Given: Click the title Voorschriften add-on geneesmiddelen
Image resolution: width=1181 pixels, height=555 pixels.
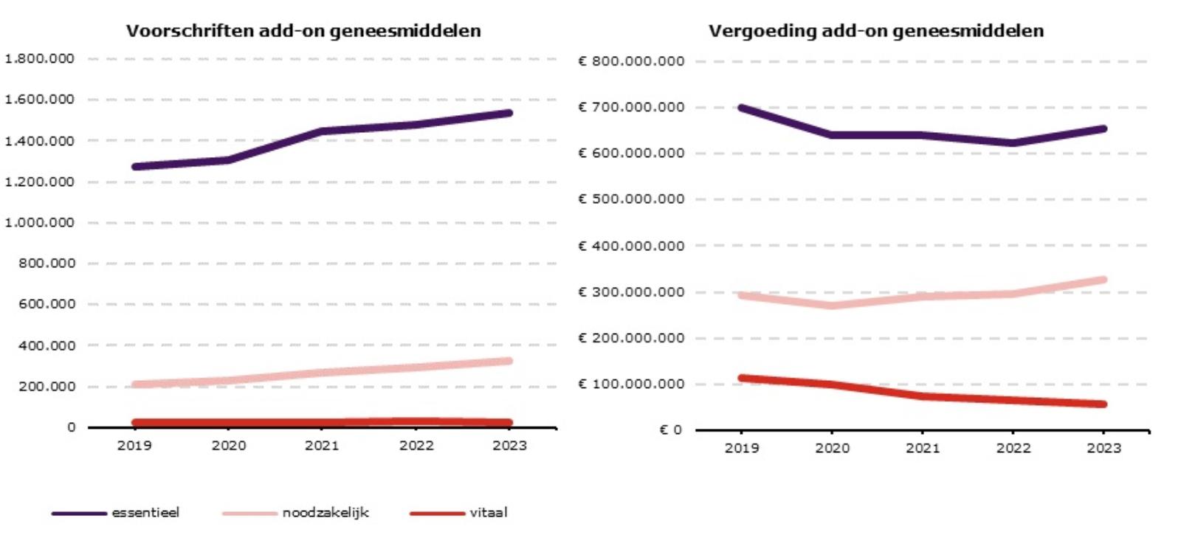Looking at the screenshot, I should [303, 31].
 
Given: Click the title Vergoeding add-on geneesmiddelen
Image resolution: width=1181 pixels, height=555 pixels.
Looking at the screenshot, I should [876, 31].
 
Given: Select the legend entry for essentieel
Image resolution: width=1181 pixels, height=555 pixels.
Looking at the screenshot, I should [145, 513].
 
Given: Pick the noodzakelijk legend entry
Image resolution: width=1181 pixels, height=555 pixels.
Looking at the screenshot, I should [326, 513].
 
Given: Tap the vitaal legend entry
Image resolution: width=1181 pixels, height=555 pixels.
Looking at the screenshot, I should [489, 513].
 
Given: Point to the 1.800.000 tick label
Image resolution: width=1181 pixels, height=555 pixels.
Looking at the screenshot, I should [39, 58].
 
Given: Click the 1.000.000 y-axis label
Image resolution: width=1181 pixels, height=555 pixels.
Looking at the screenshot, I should [39, 222].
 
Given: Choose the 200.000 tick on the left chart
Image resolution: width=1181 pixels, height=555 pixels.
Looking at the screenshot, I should [47, 386].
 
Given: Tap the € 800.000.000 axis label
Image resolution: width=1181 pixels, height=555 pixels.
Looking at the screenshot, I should [632, 61].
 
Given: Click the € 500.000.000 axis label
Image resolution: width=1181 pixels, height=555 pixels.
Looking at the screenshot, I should [632, 199].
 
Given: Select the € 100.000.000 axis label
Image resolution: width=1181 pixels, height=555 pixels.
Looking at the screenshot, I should [632, 384].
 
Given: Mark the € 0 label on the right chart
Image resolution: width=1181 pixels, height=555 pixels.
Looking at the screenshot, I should [671, 430].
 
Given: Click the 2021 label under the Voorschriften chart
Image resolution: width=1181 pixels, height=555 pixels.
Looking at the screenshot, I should [323, 446].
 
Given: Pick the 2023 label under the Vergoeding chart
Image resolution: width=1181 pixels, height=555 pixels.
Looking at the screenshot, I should [1103, 448].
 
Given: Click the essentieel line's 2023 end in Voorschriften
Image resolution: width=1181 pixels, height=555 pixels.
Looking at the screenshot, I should [509, 113].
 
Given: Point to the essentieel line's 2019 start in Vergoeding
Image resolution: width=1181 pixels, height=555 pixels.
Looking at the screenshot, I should [741, 108].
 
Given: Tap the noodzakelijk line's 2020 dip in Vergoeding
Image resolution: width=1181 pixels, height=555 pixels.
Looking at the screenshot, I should [832, 305].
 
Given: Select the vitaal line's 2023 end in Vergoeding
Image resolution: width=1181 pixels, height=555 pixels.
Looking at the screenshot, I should [1103, 404].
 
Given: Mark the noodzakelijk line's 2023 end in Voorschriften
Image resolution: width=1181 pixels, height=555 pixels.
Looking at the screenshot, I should [509, 361].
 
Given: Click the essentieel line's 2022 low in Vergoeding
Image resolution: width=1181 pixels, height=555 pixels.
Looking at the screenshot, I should [1013, 143].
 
